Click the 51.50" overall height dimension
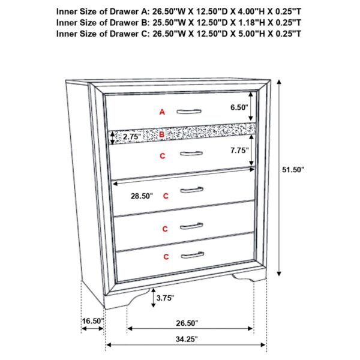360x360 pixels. coord(293,170)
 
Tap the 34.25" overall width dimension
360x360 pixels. coord(185,339)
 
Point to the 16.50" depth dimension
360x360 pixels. coord(93,321)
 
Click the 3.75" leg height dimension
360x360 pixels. coord(166,296)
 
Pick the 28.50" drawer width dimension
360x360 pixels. coord(142,196)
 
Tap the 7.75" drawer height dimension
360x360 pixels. coord(238,151)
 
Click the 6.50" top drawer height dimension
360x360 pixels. coord(238,107)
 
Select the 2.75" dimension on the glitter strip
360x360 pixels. coord(131,137)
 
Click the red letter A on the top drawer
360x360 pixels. coord(161,112)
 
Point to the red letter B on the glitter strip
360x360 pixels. coord(161,134)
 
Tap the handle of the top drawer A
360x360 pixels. coord(191,110)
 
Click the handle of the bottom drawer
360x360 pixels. coord(192,255)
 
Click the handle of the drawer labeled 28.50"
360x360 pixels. coord(192,190)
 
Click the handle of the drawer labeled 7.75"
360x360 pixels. coord(191,153)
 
